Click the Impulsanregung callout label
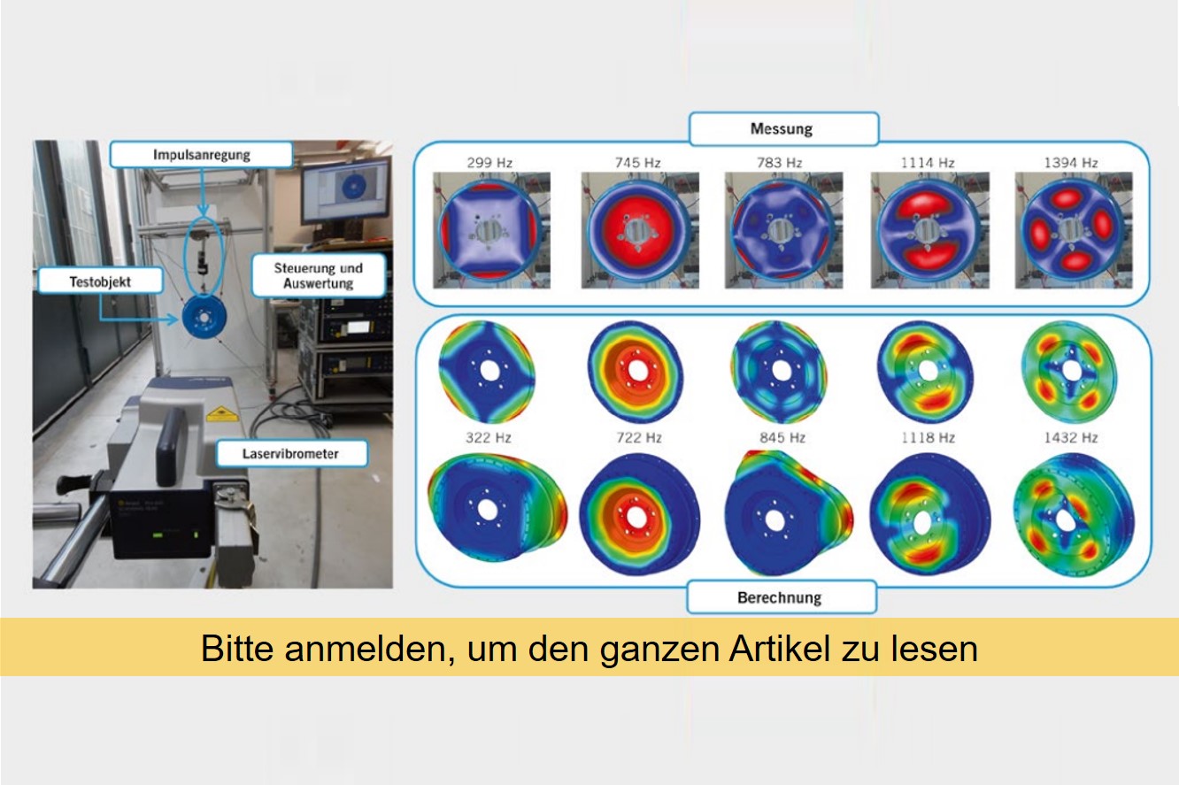(201, 155)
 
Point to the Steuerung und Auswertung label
(320, 275)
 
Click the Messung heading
(782, 129)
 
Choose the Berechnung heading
(780, 597)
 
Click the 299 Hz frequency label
(488, 163)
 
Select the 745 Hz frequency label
(639, 163)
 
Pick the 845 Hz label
(782, 438)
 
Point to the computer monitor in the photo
(344, 189)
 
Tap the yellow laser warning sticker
(217, 413)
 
